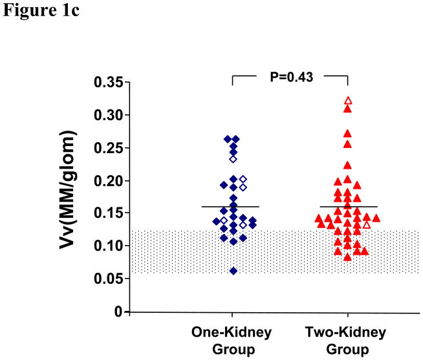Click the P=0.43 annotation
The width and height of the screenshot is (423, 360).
[290, 78]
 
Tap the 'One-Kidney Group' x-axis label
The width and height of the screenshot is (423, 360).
[231, 339]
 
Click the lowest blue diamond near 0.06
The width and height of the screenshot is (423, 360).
[233, 271]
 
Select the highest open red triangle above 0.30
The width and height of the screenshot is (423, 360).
[348, 101]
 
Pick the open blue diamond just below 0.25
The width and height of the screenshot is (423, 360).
[233, 158]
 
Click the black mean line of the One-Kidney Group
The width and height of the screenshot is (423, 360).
[231, 207]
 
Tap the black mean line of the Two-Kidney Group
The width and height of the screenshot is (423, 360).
[349, 207]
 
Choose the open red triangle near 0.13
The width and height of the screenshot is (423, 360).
[367, 224]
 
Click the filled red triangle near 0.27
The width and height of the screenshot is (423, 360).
[347, 133]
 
